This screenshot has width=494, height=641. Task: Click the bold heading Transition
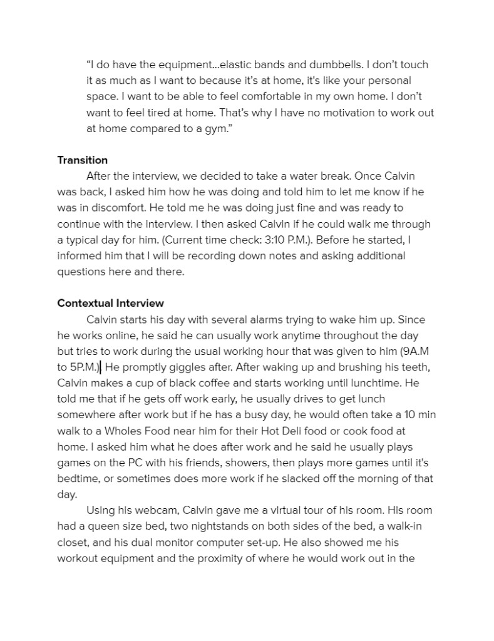click(82, 160)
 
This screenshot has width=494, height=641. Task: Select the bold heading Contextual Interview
click(110, 304)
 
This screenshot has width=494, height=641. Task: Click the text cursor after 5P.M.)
click(101, 367)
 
